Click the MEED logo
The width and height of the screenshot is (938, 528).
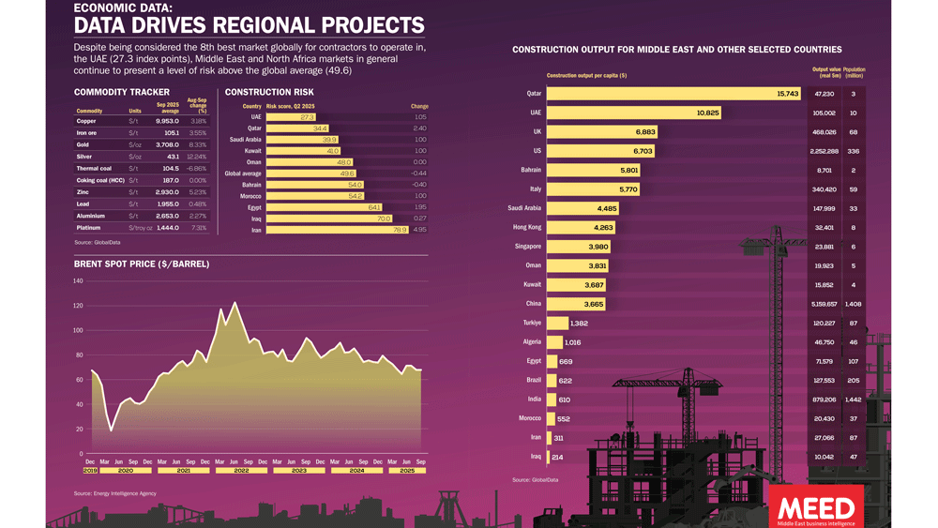click(816, 507)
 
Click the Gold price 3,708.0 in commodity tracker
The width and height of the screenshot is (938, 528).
click(167, 145)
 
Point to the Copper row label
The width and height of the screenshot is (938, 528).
click(86, 121)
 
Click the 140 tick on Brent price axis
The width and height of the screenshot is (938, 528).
click(78, 281)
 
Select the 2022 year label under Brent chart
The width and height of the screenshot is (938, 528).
click(241, 470)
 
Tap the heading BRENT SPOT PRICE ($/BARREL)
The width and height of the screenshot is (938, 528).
click(142, 264)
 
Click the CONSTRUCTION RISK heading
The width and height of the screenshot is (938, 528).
click(269, 93)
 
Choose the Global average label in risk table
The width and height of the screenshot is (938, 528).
click(243, 173)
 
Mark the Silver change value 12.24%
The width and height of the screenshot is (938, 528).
click(197, 157)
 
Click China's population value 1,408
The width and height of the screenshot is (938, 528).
click(853, 304)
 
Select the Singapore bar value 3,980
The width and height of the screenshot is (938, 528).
click(598, 247)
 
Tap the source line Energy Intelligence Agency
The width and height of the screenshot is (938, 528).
click(115, 493)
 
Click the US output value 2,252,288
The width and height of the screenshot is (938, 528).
click(824, 151)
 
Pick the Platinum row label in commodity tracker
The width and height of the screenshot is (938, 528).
click(88, 228)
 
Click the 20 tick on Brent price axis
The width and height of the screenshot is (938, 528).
click(79, 430)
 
